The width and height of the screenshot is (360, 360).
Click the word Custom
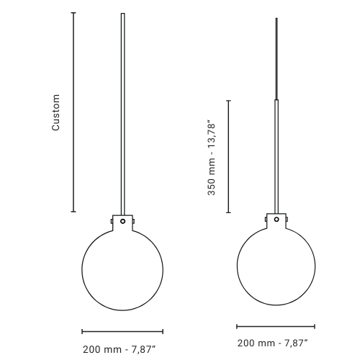(56, 112)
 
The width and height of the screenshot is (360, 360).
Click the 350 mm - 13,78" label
(212, 158)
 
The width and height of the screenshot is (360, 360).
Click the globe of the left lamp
(122, 270)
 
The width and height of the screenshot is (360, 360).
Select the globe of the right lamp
(276, 266)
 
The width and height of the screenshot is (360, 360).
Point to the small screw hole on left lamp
(122, 222)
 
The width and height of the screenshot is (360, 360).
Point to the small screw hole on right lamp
(276, 217)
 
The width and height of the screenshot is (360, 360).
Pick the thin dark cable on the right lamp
(276, 58)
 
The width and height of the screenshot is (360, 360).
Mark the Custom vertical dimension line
(73, 112)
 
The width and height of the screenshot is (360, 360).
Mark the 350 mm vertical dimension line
(228, 156)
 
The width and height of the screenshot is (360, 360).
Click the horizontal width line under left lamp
(122, 331)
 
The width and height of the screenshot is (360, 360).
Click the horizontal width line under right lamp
(276, 326)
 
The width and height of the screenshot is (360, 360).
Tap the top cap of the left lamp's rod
(122, 14)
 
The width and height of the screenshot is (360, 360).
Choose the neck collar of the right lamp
(276, 218)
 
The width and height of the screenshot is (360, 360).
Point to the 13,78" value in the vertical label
(212, 133)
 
